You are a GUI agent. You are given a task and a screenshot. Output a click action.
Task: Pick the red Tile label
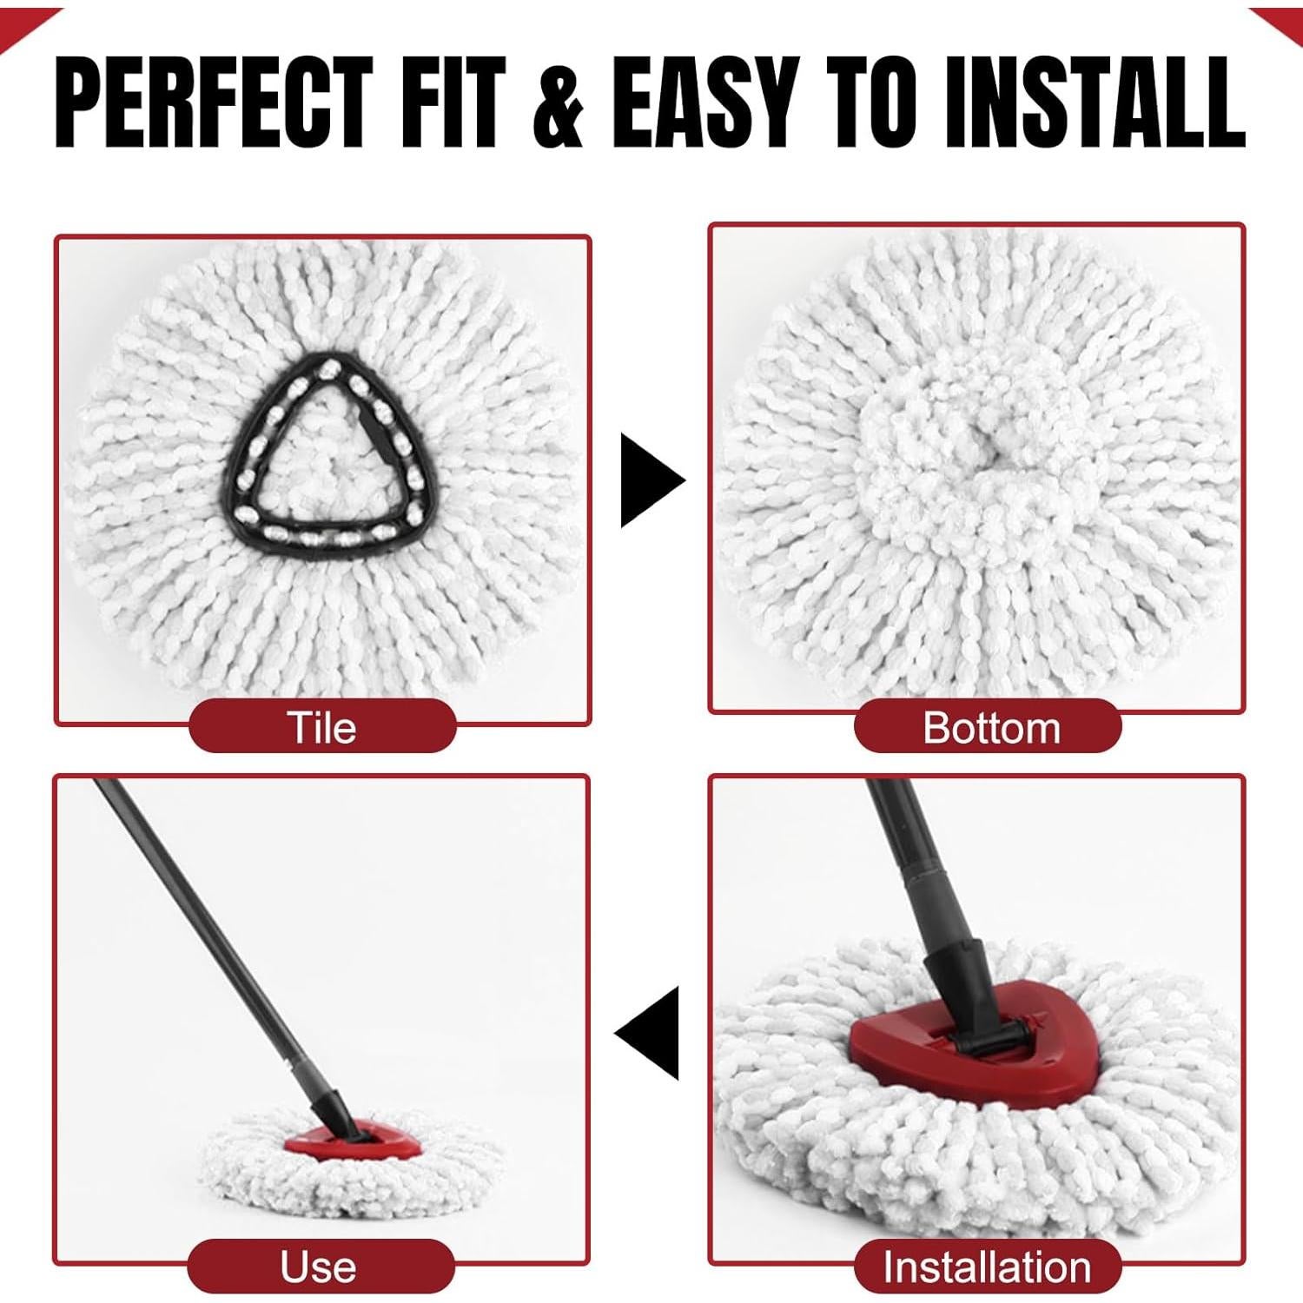click(322, 727)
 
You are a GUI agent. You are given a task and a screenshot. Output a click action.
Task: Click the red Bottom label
click(989, 727)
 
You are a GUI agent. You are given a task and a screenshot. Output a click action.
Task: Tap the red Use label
click(319, 1267)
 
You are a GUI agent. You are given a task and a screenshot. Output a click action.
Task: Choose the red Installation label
click(987, 1267)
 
